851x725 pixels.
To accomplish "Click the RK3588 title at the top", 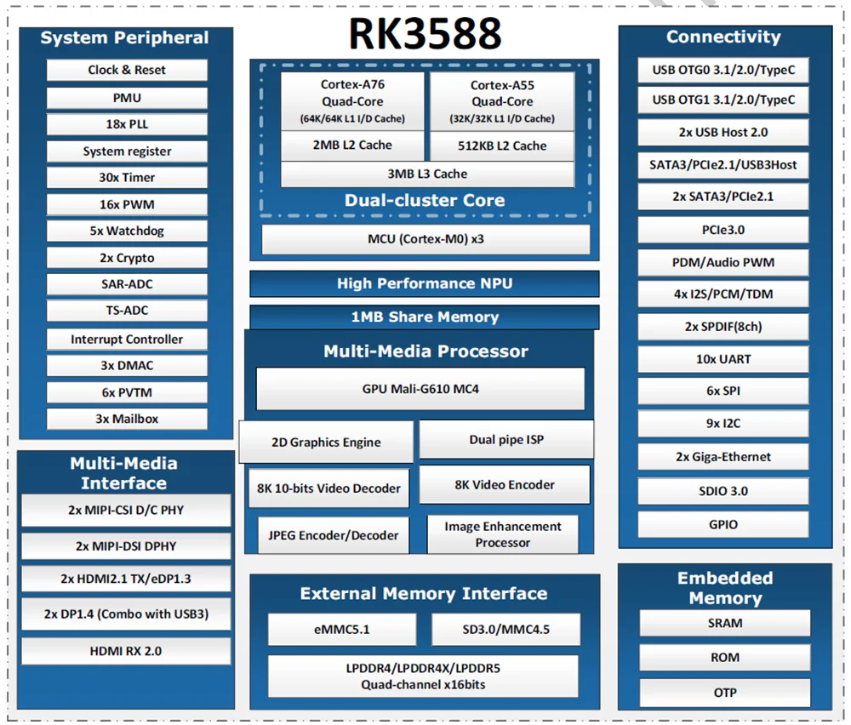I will click(425, 34).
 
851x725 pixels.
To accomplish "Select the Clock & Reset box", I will click(127, 70).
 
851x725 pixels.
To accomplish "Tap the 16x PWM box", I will click(127, 204).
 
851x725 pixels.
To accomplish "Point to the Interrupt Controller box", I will click(127, 339).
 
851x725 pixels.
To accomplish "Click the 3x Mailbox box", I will click(127, 419).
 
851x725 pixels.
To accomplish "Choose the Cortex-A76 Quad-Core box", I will click(352, 101).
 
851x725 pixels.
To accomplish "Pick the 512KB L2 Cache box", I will click(502, 146).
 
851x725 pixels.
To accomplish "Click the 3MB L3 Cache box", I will click(427, 174).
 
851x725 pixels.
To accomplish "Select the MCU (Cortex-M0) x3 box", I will click(425, 239).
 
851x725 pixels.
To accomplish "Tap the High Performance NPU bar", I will click(424, 283).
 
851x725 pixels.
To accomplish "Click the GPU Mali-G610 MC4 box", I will click(420, 389).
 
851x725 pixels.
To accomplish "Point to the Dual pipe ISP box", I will click(506, 440).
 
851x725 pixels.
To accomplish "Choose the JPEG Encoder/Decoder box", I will click(333, 535).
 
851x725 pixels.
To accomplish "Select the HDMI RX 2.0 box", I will click(126, 651).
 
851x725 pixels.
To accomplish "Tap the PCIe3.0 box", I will click(723, 230).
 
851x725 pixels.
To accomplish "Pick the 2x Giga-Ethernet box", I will click(723, 457).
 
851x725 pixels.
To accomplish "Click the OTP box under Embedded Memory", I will click(725, 693).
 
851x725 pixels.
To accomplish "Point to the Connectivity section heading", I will click(723, 37).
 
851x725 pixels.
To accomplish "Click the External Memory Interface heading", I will click(424, 593).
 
